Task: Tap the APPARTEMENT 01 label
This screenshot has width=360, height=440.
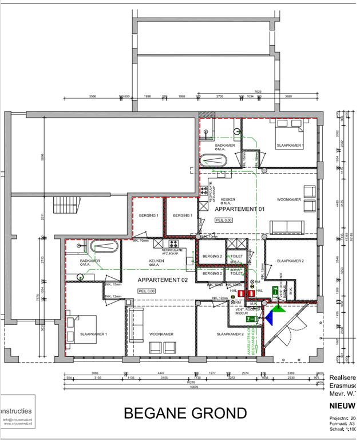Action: coord(240,210)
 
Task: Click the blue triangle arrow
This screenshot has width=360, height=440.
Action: coord(278,311)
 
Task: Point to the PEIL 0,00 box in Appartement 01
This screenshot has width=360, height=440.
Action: coord(224,219)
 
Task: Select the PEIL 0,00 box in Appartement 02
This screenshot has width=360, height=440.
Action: coord(147,291)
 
